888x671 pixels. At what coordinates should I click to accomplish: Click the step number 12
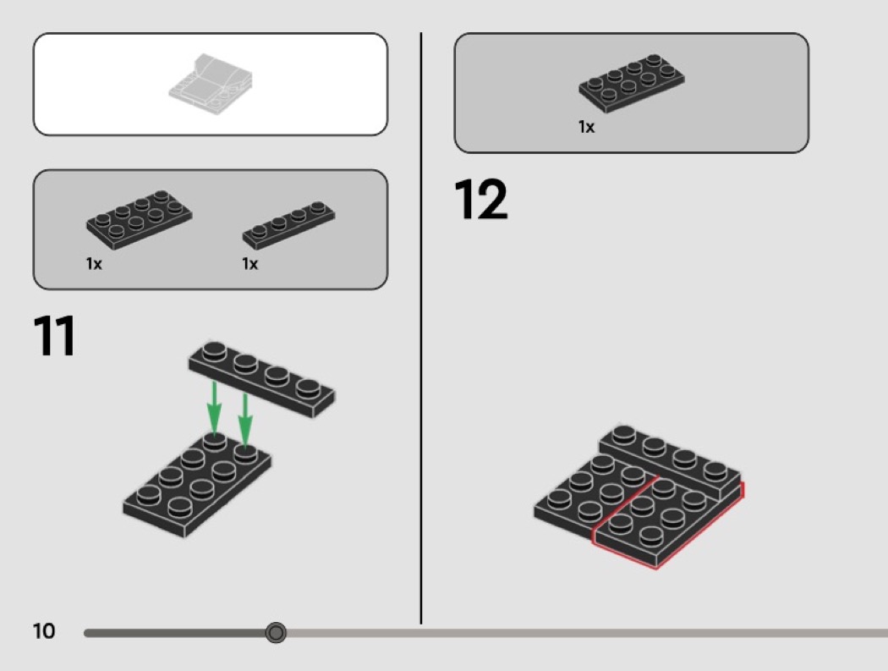[481, 199]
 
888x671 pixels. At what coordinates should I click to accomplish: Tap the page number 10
[44, 631]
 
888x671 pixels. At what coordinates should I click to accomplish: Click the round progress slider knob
[276, 632]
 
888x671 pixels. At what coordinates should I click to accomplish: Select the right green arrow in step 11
[244, 420]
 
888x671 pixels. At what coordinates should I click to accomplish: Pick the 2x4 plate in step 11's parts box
[140, 220]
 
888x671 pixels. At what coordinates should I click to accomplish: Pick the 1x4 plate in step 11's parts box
[289, 225]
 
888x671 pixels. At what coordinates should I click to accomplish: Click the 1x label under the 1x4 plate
[249, 264]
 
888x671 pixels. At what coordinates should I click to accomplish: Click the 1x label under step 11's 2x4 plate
[94, 264]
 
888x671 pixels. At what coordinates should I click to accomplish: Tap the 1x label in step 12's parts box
[586, 127]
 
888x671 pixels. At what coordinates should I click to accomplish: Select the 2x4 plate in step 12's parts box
[632, 83]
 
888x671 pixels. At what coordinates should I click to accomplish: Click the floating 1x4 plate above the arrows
[261, 378]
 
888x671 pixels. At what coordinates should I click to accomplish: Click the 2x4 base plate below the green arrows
[196, 483]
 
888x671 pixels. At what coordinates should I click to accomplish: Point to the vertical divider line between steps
[421, 328]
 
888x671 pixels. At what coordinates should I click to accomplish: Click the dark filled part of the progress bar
[176, 632]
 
